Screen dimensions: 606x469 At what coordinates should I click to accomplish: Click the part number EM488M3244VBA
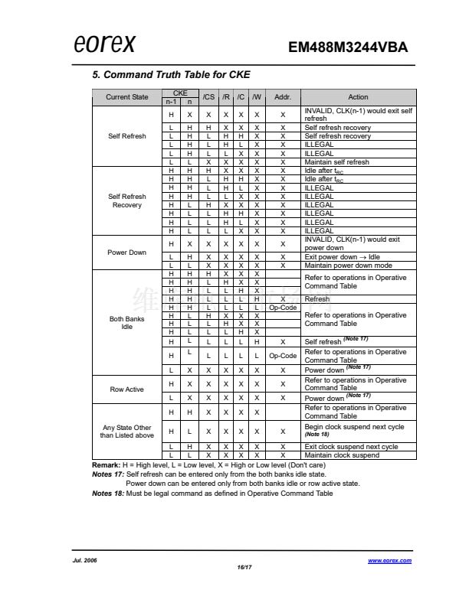tap(348, 47)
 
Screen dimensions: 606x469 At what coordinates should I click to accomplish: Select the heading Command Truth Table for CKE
tap(171, 74)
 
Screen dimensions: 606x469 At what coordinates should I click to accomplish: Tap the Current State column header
tap(127, 97)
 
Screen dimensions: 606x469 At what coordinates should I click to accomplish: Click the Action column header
tap(358, 97)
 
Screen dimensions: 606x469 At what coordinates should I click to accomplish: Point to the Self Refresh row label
tap(127, 136)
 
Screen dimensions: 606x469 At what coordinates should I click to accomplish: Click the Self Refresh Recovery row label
tap(127, 201)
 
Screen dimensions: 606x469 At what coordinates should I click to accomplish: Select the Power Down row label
tap(127, 252)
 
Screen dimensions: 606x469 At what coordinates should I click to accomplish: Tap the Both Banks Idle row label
tap(127, 323)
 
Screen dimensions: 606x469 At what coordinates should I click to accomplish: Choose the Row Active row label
tap(127, 389)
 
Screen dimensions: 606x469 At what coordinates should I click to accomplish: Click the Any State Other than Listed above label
tap(127, 432)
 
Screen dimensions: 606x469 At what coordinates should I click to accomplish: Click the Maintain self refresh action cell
tap(336, 162)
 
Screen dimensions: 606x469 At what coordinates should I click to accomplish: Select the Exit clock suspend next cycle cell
tap(351, 447)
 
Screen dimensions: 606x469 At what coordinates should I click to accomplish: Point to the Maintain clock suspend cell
tap(342, 455)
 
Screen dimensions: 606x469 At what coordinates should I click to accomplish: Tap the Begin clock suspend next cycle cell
tap(353, 427)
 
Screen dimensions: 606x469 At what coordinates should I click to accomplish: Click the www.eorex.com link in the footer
tap(389, 561)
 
